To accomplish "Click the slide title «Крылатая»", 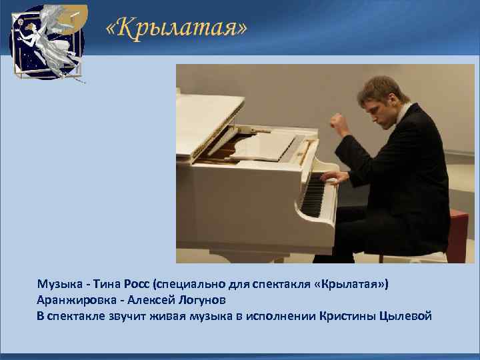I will click(x=176, y=29).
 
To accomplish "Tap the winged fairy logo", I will click(x=46, y=41).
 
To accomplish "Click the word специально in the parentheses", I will click(x=186, y=285).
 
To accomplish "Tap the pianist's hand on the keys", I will click(x=332, y=177).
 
